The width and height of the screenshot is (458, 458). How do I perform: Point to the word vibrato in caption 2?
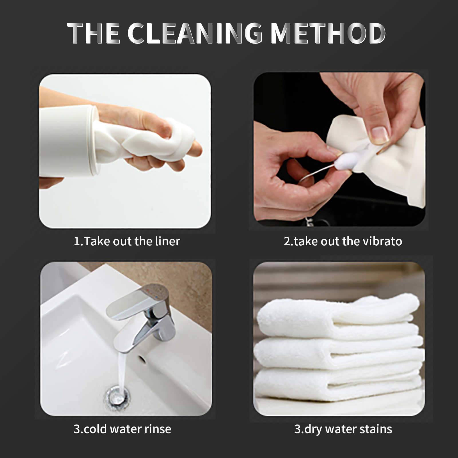(x=382, y=241)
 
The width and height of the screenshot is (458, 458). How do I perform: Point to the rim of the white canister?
(x=94, y=140)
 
